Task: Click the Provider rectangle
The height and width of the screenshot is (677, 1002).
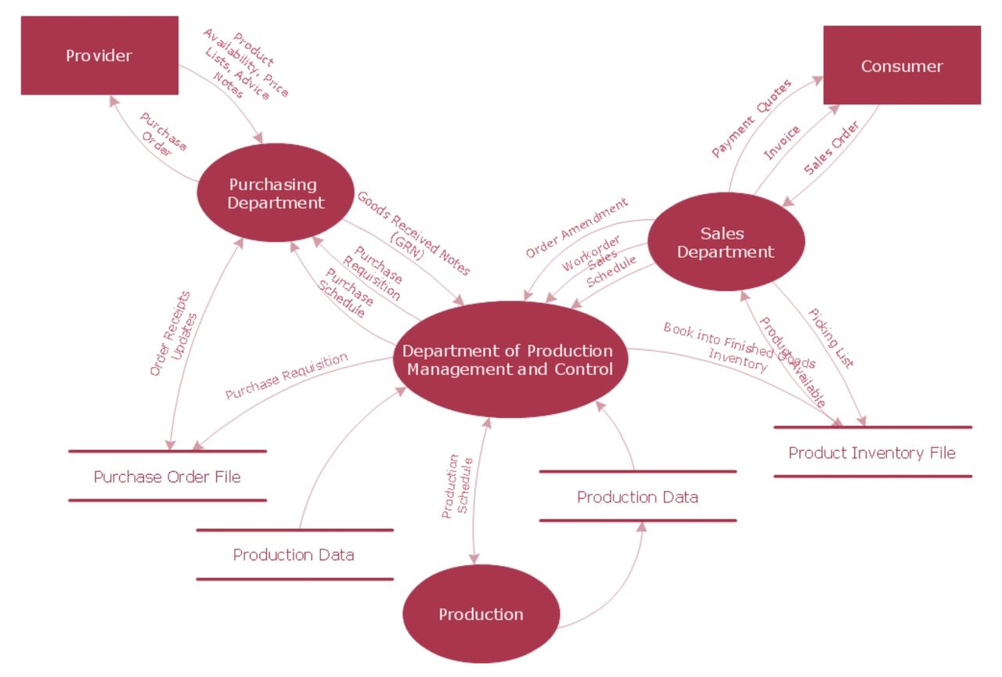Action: coord(99,56)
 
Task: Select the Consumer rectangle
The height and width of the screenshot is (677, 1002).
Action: coord(902,66)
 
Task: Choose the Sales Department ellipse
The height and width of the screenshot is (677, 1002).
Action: coord(726,243)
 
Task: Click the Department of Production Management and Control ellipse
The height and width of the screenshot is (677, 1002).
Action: coord(510,359)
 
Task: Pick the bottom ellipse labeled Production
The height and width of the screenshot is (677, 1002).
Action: coord(481,614)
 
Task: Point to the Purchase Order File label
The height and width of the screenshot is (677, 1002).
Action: coord(167,477)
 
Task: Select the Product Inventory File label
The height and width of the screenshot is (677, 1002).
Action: coord(872,452)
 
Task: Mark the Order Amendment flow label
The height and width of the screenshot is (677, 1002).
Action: coord(576,228)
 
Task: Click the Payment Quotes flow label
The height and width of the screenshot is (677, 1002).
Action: coord(751,118)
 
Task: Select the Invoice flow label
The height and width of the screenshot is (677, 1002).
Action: coord(782,143)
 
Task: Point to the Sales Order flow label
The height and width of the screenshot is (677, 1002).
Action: coord(831,147)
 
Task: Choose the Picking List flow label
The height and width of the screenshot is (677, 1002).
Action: coord(831,337)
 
